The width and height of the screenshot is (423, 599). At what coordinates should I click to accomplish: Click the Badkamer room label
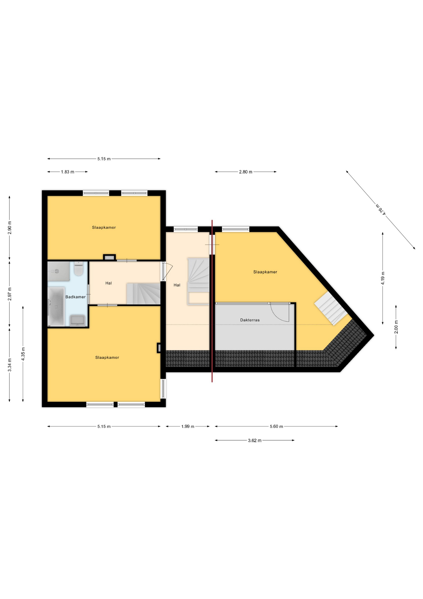coord(75,297)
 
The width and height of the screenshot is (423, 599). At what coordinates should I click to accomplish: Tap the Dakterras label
coord(250,320)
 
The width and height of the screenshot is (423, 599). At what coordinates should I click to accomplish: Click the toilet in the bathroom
coord(79,269)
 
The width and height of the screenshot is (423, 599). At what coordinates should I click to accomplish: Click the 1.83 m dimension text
coord(68,172)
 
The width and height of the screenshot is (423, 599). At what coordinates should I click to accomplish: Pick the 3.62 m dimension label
coord(254,441)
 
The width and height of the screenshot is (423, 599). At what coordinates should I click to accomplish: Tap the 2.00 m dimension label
coord(396,327)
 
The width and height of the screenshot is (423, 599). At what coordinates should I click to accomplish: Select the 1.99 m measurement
coord(188,426)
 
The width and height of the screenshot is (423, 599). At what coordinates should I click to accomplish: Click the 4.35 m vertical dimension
coord(23,354)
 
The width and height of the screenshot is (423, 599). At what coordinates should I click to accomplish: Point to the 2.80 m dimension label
coord(246,172)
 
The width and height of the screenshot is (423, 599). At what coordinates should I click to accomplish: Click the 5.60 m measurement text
coord(277,426)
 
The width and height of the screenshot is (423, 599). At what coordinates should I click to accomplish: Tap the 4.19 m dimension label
coord(383,278)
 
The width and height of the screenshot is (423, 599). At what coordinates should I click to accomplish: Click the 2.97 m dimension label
coord(10,294)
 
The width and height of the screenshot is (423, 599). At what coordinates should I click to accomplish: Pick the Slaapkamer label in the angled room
coord(265,272)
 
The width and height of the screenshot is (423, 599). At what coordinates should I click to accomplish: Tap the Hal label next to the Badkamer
coord(108,283)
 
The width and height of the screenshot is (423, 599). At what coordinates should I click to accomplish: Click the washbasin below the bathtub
coord(77,320)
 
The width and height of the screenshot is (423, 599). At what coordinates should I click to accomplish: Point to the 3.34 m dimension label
coord(10,365)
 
